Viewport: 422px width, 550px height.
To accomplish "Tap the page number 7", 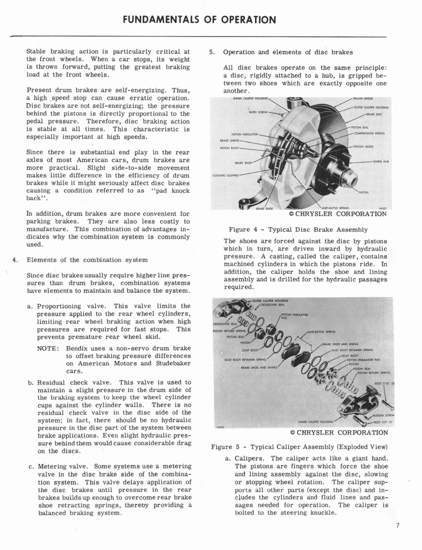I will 397,525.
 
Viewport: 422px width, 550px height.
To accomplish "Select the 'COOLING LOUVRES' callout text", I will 224,174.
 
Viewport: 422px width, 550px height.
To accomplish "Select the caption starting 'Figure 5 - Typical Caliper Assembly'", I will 299,447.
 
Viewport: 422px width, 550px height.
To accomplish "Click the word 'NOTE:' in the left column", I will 49,348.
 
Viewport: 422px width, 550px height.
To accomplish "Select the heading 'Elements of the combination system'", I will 87,259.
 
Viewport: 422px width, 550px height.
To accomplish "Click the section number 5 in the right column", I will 212,52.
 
